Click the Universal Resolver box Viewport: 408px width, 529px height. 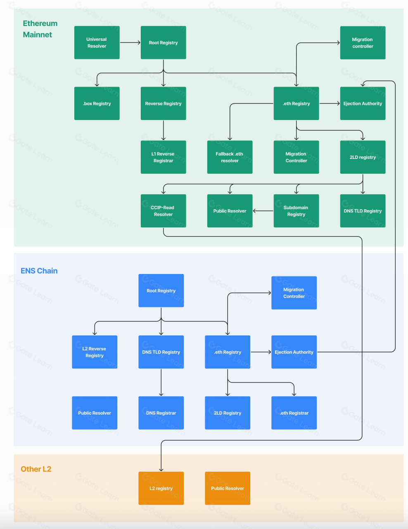(97, 43)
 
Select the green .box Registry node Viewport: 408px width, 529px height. (97, 104)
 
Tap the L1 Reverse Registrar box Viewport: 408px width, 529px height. (163, 157)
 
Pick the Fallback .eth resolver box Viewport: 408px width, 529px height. (230, 157)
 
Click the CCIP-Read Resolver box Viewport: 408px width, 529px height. (163, 211)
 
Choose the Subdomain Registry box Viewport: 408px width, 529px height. (296, 211)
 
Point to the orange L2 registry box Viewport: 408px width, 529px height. (161, 488)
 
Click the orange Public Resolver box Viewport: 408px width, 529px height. (228, 488)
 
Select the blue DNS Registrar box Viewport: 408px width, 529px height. (161, 413)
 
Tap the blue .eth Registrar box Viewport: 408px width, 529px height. (294, 413)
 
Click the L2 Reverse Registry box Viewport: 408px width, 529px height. (95, 352)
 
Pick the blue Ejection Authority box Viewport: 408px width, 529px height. (294, 352)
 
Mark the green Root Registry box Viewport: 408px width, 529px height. (163, 43)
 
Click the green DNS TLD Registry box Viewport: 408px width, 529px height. (363, 211)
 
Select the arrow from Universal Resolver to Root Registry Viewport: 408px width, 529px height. (130, 43)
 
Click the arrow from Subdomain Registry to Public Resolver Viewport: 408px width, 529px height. (263, 211)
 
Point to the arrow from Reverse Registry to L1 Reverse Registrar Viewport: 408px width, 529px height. (164, 130)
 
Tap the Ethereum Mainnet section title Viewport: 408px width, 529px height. (40, 29)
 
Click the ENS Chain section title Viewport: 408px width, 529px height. (39, 271)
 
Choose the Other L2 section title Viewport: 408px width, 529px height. (36, 469)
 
